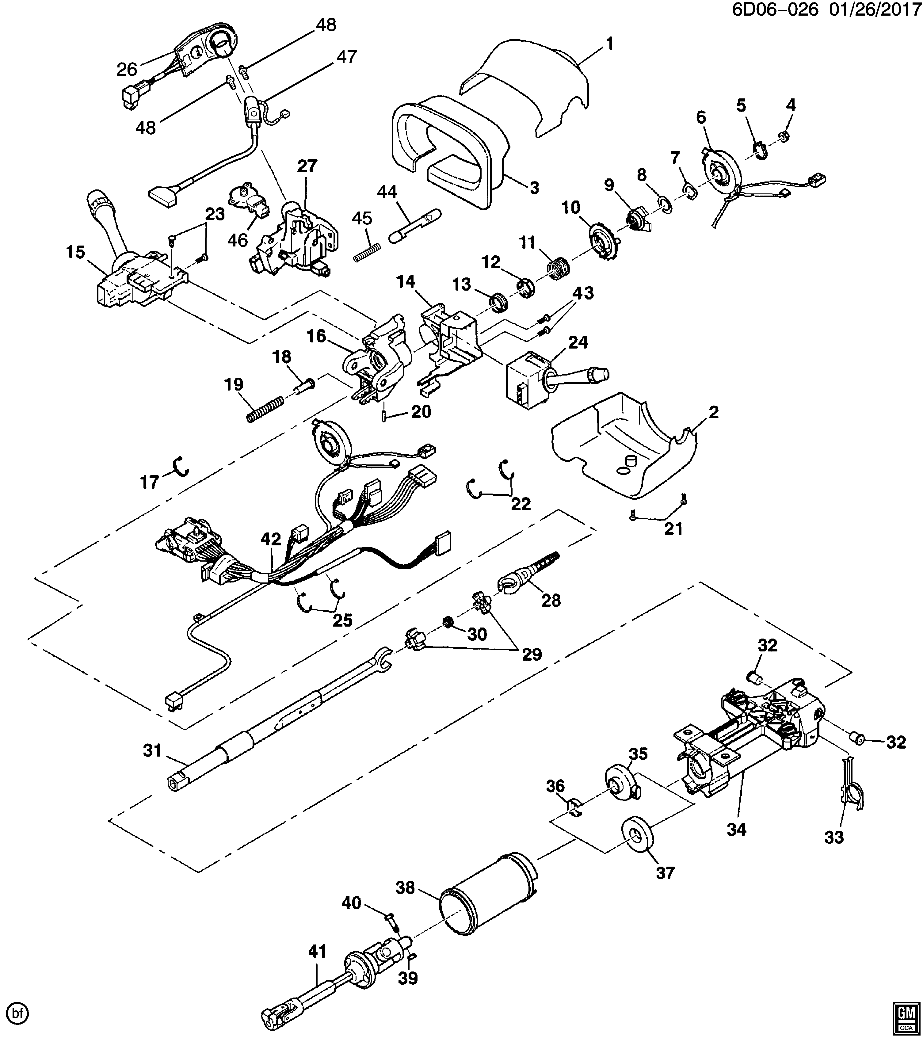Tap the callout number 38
click(x=406, y=888)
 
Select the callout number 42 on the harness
click(x=271, y=539)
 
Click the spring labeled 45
click(x=367, y=252)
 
